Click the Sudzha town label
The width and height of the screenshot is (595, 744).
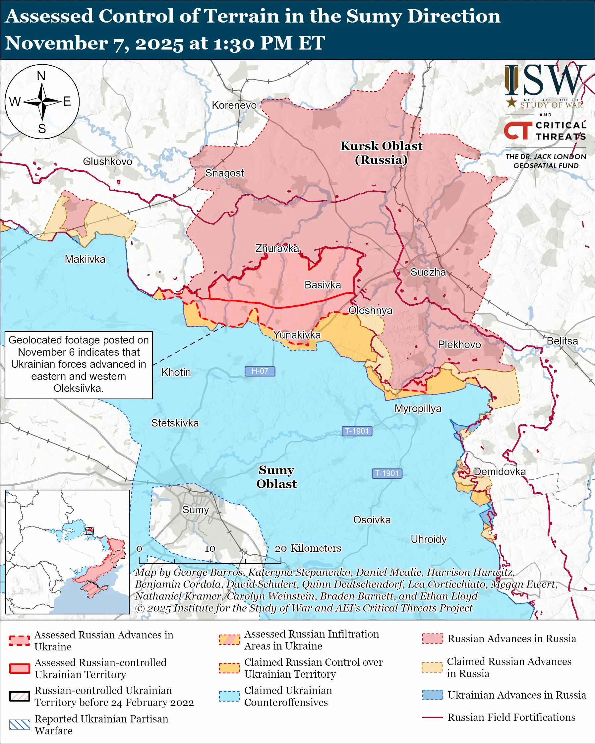[x=428, y=272]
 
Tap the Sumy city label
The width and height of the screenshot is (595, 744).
[x=196, y=510]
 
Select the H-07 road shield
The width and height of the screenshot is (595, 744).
[x=260, y=371]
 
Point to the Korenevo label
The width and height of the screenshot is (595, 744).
[x=234, y=105]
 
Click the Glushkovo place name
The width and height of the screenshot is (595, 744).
[x=108, y=161]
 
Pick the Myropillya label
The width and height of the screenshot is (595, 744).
[x=418, y=408]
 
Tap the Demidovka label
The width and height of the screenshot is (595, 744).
[x=500, y=472]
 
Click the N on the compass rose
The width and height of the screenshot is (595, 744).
[x=41, y=76]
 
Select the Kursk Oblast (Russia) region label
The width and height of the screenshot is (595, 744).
[x=381, y=153]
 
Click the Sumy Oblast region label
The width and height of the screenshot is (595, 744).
[x=276, y=477]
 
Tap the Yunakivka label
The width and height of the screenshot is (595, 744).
[x=297, y=335]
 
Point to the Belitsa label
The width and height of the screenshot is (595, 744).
[x=562, y=341]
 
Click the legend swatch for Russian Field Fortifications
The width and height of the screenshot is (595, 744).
[x=432, y=717]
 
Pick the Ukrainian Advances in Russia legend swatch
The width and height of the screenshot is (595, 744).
[x=432, y=695]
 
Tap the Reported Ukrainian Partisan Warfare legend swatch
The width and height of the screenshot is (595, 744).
[x=20, y=725]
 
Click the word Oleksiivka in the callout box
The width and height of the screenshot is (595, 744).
[x=78, y=388]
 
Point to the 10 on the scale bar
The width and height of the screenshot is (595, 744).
[x=210, y=548]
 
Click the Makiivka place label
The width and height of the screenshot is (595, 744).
[x=85, y=259]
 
